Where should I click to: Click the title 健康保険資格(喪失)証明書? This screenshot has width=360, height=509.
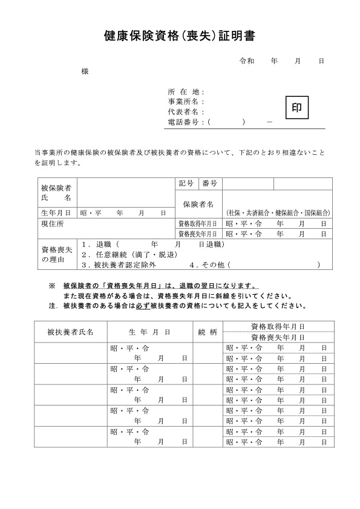point(180,36)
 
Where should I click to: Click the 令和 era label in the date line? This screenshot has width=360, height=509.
point(247,61)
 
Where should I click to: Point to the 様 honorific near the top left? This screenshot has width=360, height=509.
point(85,71)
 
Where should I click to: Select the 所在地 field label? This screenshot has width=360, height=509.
point(186,91)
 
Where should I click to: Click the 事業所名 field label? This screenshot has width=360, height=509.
point(186,102)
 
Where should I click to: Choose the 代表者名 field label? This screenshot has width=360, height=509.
point(186,112)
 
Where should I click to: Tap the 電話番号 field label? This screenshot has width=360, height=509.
point(186,122)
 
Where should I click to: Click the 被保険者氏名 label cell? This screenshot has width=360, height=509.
point(56,193)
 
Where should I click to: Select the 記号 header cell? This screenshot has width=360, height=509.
point(187,183)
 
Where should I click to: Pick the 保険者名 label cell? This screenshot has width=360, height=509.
point(198,204)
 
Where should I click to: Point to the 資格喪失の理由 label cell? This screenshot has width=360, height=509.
point(56,254)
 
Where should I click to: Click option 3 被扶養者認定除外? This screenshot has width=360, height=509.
point(119,264)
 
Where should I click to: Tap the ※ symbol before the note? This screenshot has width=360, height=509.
point(51,286)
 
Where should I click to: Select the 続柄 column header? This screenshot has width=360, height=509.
point(208,332)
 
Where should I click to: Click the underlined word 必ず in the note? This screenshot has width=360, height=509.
point(143,307)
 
